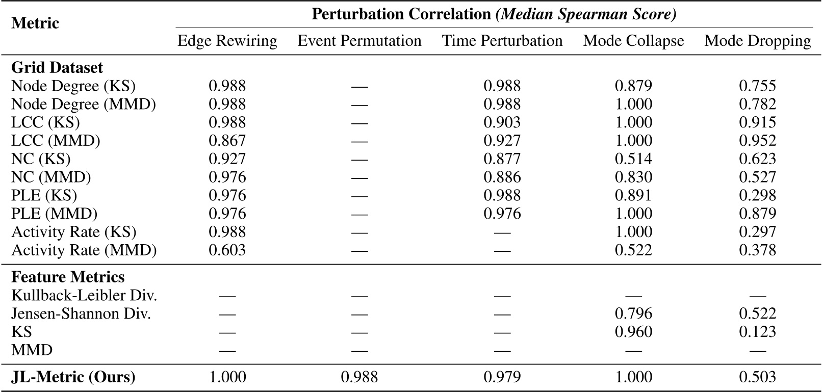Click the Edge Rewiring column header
(227, 41)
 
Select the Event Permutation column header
(359, 41)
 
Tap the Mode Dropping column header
(757, 41)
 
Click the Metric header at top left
(35, 23)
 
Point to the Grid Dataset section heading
(57, 68)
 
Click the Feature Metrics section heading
(68, 277)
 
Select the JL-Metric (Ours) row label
(73, 377)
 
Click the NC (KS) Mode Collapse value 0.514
(633, 159)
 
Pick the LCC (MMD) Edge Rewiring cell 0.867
(227, 141)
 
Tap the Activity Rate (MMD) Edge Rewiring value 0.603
(227, 250)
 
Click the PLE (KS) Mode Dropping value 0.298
(757, 195)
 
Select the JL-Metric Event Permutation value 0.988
(359, 377)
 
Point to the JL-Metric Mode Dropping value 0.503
(757, 377)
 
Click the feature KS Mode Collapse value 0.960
(633, 332)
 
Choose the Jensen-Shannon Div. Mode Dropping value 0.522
(757, 313)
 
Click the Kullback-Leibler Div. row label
(84, 295)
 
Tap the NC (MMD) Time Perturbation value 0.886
(502, 177)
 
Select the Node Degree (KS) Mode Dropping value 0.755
(757, 86)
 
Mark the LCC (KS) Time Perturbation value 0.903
(502, 122)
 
